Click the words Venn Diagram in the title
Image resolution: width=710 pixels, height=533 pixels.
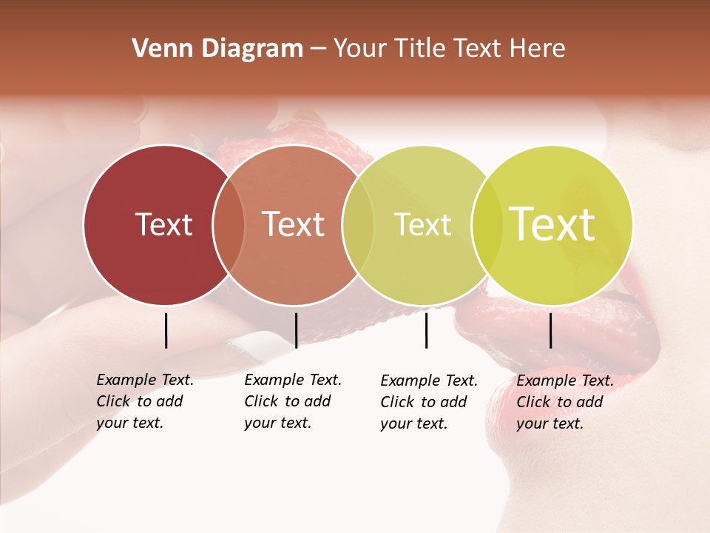217,49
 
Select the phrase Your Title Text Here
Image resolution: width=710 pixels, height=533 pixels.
449,49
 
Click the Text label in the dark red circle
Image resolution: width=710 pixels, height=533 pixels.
163,224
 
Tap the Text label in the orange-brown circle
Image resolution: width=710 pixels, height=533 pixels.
294,224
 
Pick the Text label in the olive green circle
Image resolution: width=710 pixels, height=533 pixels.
422,224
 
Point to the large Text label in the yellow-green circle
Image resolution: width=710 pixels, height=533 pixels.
552,224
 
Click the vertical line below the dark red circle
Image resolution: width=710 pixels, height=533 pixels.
166,330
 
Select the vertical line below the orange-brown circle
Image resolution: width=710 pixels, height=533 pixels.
296,330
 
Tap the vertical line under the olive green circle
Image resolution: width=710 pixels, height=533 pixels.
426,330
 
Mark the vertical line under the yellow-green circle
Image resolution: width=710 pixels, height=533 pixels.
550,330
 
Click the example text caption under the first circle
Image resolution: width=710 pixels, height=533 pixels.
144,401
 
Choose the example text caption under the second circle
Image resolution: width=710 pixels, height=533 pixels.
292,401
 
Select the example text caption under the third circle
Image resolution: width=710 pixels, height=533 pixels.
428,402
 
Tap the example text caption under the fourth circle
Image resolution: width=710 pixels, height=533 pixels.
564,402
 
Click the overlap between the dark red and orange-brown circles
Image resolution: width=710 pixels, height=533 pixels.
229,224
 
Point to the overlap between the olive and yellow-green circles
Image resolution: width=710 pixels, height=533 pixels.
487,224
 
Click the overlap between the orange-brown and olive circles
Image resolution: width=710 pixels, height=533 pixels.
358,224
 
